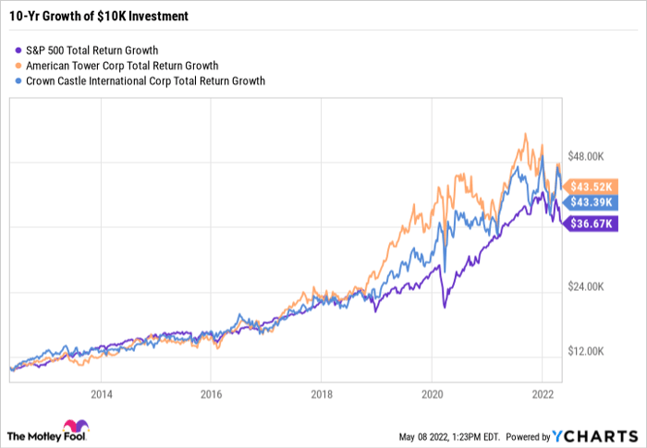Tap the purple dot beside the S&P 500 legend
coord(19,50)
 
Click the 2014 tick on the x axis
coord(102,392)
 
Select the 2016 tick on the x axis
coord(211,392)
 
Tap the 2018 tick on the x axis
coord(321,392)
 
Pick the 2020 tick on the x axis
coord(431,392)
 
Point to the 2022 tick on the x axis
coord(540,392)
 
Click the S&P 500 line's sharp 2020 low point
coord(443,306)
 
